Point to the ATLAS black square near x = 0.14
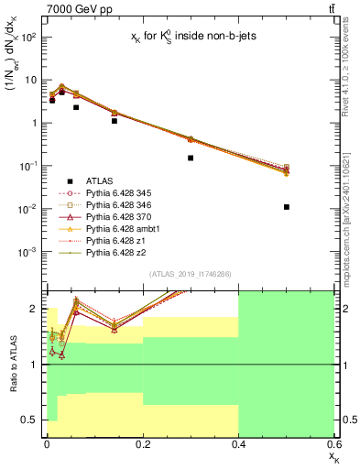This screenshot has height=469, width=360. [x=115, y=121]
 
